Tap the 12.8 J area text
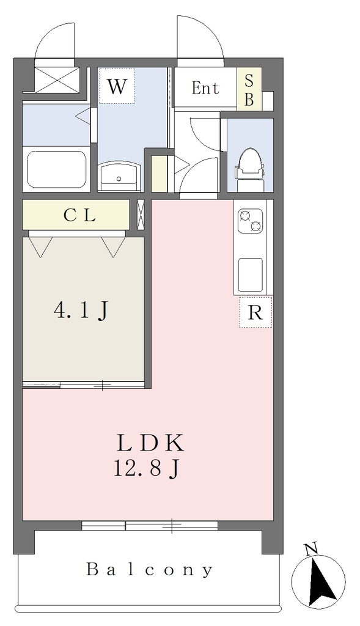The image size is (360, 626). [145, 469]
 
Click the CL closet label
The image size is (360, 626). [80, 216]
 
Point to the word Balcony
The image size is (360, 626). [150, 570]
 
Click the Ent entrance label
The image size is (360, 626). [205, 88]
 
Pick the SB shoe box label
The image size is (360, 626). [249, 90]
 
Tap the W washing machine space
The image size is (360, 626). [117, 86]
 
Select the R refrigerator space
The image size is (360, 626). [255, 312]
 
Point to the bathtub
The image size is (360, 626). [56, 169]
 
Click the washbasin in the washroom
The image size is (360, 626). [119, 175]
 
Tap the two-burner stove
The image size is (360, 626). [251, 221]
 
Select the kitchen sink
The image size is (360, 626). [250, 275]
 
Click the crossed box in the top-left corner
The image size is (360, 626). [57, 79]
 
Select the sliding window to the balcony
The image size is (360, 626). [150, 525]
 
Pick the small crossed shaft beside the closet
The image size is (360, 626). [141, 215]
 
